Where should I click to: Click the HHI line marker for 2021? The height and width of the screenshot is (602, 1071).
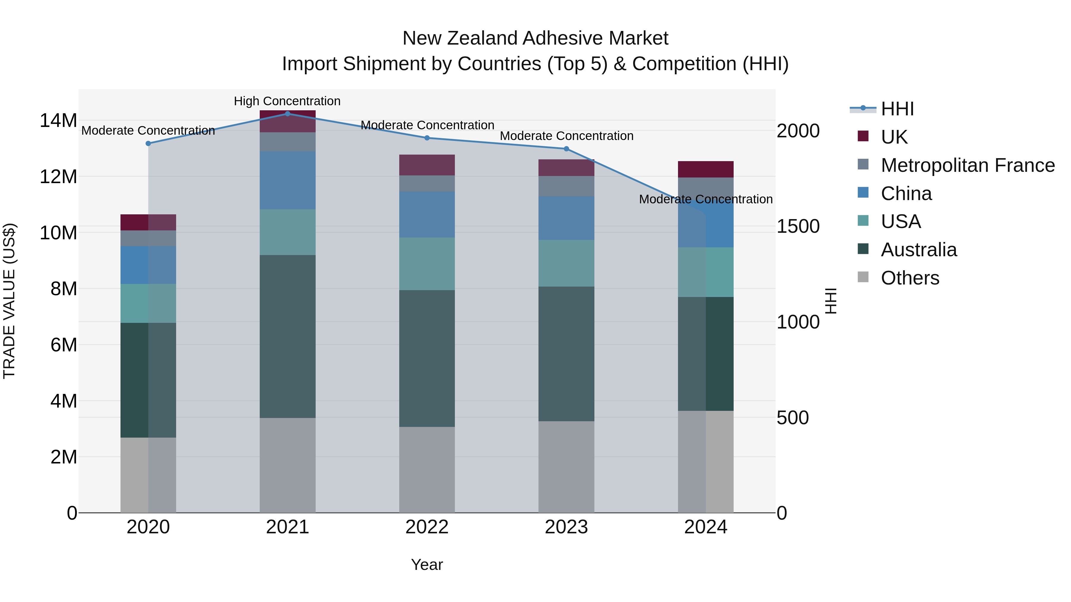[287, 114]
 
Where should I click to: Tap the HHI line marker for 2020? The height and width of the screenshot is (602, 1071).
[148, 143]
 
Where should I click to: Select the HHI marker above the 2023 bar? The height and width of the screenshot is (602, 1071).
[566, 149]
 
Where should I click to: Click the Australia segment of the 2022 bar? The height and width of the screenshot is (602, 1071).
[427, 358]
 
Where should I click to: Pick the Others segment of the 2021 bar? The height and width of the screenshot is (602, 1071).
[287, 465]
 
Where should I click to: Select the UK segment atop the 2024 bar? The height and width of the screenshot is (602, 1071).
[706, 169]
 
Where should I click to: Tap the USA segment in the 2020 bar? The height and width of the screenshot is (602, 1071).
[148, 303]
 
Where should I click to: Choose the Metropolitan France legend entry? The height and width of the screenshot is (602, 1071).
[967, 165]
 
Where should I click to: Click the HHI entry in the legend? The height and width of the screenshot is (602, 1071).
[897, 109]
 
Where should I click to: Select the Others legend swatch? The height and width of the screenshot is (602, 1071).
[863, 277]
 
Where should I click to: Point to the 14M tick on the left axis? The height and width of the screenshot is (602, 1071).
[58, 121]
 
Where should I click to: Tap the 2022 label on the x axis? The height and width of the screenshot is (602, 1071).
[427, 527]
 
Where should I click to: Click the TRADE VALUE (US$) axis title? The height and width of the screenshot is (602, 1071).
[9, 301]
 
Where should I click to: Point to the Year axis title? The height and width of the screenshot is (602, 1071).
[427, 565]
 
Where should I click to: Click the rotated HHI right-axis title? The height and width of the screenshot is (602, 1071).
[830, 301]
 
